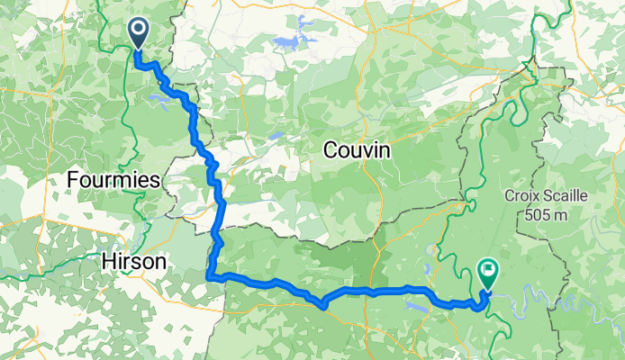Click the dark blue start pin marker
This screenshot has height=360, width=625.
(x=139, y=34)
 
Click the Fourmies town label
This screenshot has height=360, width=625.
(x=113, y=180)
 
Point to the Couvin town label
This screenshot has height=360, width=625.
(x=358, y=152)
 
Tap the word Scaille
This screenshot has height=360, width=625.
(x=568, y=196)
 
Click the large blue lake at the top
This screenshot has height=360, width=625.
(x=291, y=42)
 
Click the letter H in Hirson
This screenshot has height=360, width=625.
(x=100, y=260)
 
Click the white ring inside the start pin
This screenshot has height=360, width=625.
(x=139, y=30)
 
